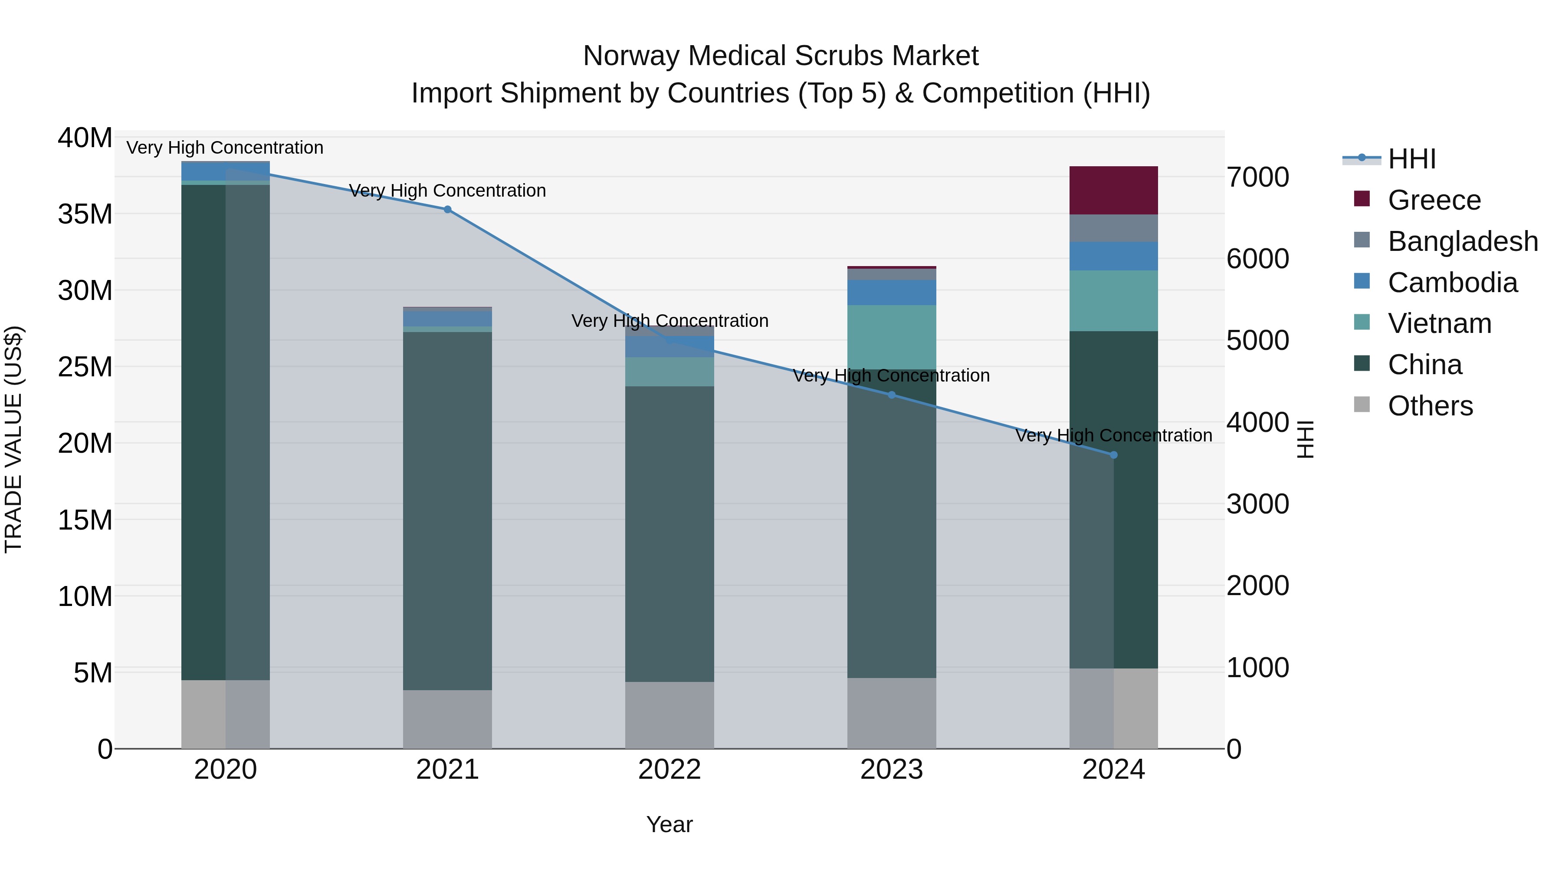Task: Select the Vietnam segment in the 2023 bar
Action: (x=891, y=337)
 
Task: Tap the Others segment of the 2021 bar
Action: (x=447, y=719)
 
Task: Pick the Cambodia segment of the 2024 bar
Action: (x=1113, y=256)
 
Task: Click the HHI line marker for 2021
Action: (x=447, y=209)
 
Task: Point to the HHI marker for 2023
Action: (x=891, y=395)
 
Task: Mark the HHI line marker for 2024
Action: (x=1113, y=455)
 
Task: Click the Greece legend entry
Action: (x=1434, y=200)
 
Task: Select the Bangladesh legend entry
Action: (x=1462, y=241)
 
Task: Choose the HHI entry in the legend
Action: (x=1411, y=159)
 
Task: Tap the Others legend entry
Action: (x=1429, y=406)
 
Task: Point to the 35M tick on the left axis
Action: (x=85, y=214)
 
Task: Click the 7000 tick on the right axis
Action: (x=1257, y=177)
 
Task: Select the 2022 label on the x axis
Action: (x=669, y=770)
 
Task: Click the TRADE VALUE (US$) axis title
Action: (x=13, y=439)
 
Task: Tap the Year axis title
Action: (x=669, y=824)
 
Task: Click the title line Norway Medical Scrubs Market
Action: (x=781, y=56)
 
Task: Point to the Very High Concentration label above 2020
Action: (x=225, y=148)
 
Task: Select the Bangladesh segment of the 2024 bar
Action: (x=1113, y=228)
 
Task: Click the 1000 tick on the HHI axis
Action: (x=1257, y=667)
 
